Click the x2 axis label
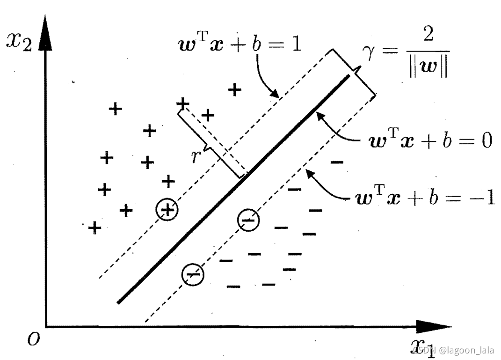click(x=19, y=43)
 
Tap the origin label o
click(x=32, y=339)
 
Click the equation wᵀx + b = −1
click(x=421, y=198)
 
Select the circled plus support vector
click(x=167, y=210)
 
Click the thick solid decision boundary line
click(x=234, y=187)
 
